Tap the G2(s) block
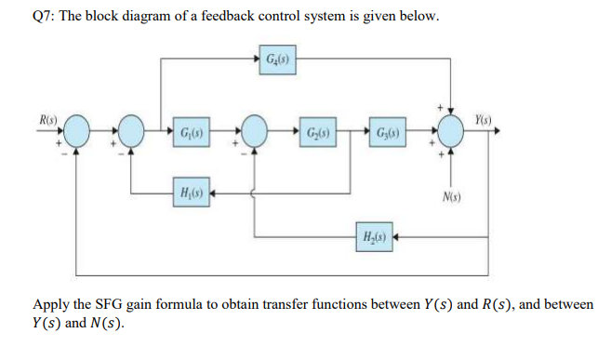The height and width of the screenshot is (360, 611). click(316, 129)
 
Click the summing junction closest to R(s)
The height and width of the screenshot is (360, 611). click(77, 129)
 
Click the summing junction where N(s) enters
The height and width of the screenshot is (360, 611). click(450, 129)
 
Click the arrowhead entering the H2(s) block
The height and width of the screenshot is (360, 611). click(396, 237)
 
